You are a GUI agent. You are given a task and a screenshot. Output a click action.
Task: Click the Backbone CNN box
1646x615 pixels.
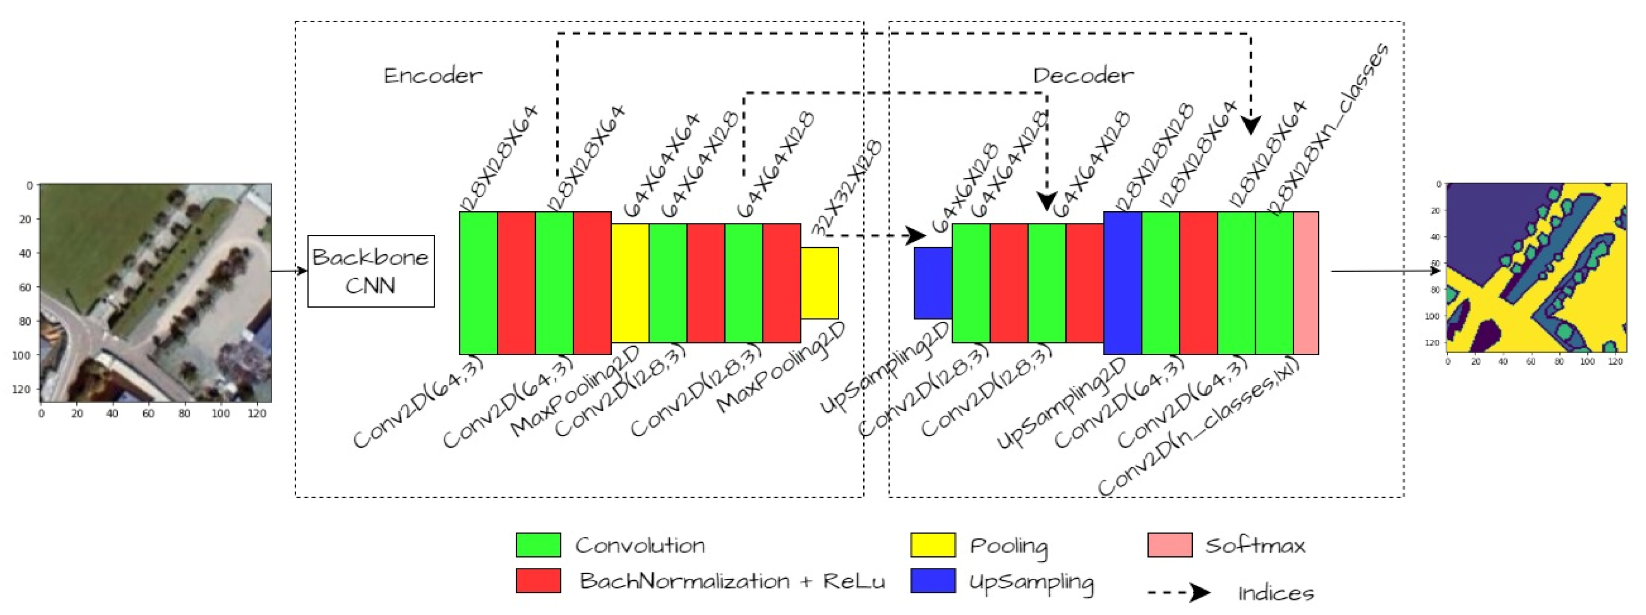point(371,272)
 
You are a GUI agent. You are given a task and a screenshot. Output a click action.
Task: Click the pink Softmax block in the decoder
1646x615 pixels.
point(1305,283)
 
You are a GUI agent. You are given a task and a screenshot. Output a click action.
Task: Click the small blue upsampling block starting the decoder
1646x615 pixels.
point(933,283)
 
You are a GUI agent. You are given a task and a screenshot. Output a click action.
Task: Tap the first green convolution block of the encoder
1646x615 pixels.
point(478,283)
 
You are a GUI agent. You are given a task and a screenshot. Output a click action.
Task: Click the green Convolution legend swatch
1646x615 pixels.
point(538,545)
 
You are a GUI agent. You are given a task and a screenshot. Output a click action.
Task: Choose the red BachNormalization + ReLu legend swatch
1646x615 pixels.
point(538,581)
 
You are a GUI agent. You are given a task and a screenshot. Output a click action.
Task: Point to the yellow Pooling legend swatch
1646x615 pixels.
point(932,545)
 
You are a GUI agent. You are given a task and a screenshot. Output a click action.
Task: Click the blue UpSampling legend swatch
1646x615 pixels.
point(932,581)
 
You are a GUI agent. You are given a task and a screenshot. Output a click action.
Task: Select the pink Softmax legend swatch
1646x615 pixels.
point(1169,545)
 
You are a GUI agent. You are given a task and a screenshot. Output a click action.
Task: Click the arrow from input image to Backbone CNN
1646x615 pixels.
point(289,272)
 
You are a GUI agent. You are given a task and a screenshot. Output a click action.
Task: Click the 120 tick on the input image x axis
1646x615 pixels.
point(256,414)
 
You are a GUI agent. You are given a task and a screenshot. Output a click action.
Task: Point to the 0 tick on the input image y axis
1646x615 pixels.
point(29,186)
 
